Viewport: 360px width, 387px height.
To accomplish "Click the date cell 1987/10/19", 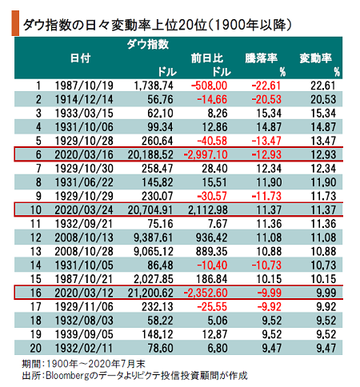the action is [x=84, y=86].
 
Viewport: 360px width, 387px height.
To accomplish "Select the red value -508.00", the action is [x=209, y=86].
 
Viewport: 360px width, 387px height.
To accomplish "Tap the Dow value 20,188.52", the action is [x=150, y=155].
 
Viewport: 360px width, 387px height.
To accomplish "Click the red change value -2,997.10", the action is [x=206, y=155].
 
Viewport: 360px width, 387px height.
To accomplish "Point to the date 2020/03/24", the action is [x=84, y=210].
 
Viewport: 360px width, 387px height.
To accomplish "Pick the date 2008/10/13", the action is [x=84, y=237].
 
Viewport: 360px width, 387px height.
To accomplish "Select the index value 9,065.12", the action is [x=154, y=252].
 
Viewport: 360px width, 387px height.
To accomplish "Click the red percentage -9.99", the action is [x=270, y=293].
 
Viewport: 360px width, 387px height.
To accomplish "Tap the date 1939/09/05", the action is [x=84, y=334].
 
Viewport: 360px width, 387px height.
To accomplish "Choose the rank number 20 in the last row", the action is [x=35, y=349].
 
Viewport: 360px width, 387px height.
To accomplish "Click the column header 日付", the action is [x=81, y=58].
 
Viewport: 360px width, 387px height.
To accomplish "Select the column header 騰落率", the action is [x=262, y=58].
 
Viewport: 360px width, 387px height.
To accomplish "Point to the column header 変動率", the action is [x=316, y=58].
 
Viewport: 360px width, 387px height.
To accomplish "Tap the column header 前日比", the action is [x=207, y=58].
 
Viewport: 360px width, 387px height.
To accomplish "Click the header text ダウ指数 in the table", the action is [x=148, y=44].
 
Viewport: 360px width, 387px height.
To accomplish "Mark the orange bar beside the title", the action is [x=15, y=23].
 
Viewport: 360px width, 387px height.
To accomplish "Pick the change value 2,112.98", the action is [x=208, y=210].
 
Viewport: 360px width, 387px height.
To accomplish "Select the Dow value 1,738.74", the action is [x=154, y=86].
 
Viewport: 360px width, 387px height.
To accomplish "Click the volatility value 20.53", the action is [x=323, y=100].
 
